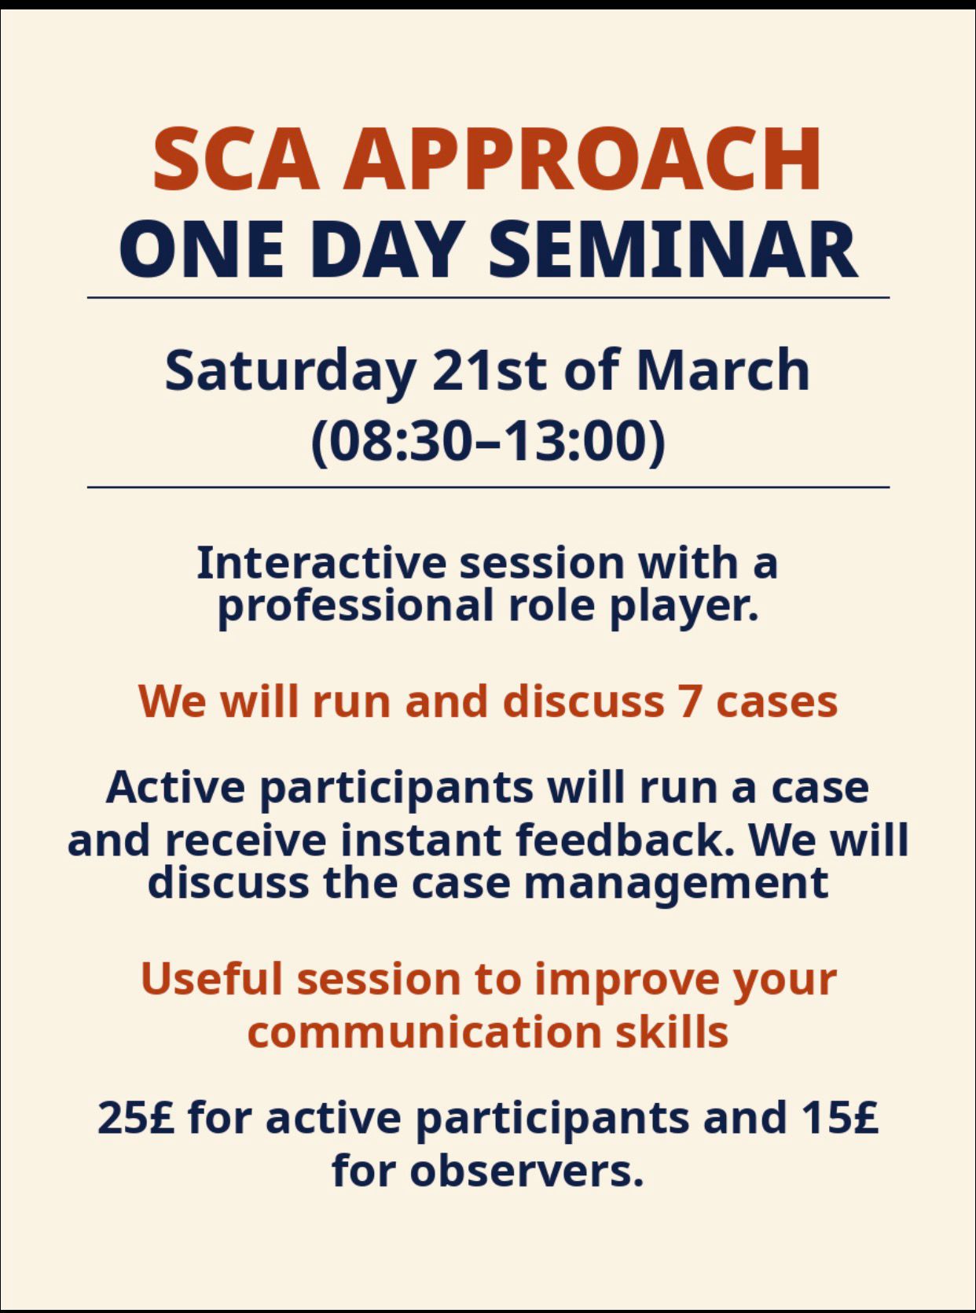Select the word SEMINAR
(673, 249)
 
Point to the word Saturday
(289, 371)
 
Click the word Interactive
(321, 563)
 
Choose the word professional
(355, 605)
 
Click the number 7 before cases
(689, 701)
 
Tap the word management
(676, 882)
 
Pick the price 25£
(136, 1118)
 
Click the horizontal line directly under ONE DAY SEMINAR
(488, 298)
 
